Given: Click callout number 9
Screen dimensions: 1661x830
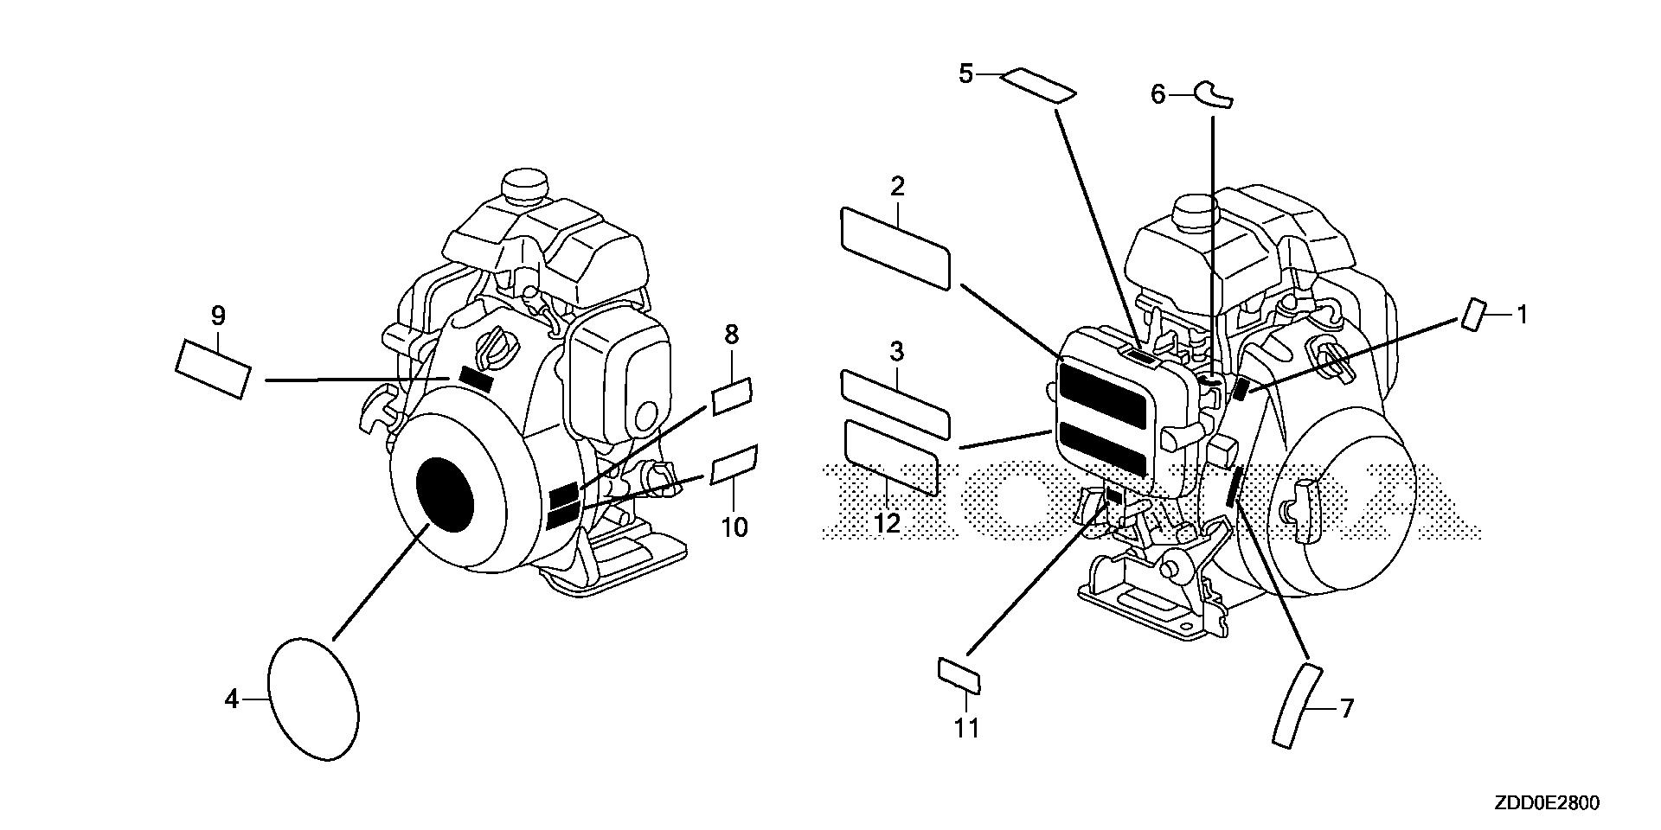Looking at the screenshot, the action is [217, 316].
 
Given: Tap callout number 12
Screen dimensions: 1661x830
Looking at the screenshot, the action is [888, 522].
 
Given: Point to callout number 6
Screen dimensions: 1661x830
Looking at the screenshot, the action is [1158, 93].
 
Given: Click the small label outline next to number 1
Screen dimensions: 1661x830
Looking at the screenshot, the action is [1474, 315].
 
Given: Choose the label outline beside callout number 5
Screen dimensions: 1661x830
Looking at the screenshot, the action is [1038, 86].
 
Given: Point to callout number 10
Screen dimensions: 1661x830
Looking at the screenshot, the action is [734, 527].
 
